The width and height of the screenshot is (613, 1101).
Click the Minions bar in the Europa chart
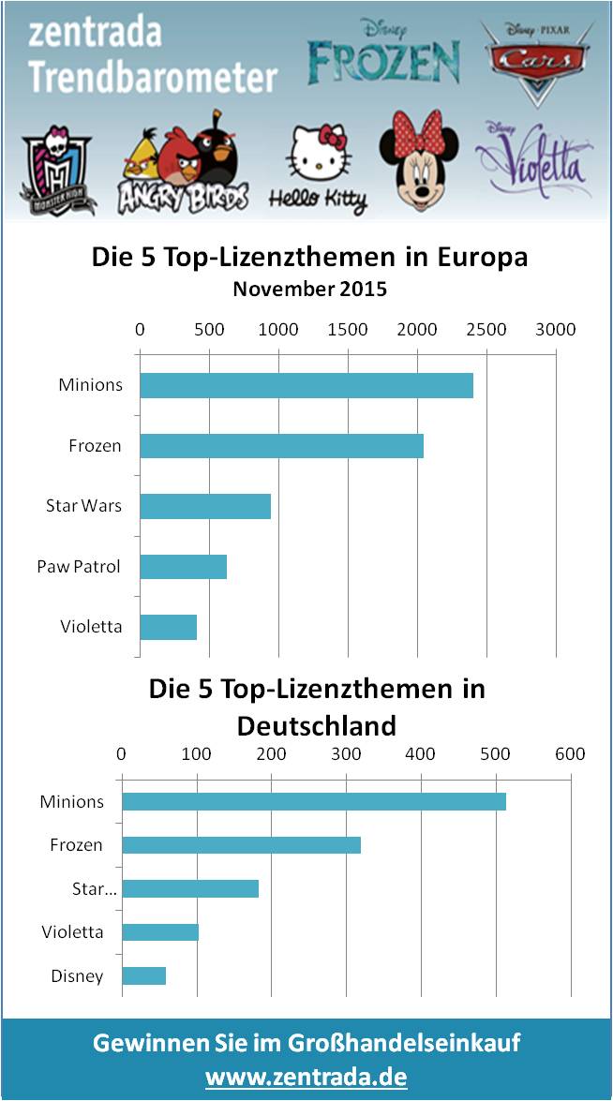[x=306, y=385]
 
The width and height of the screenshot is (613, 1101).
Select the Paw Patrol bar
[x=184, y=566]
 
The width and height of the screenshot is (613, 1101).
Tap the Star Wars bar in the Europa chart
[x=205, y=506]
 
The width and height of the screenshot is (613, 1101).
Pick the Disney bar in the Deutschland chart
[x=144, y=975]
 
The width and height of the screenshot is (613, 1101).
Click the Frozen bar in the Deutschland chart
[x=242, y=845]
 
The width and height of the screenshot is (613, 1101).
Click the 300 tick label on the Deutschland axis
[x=346, y=753]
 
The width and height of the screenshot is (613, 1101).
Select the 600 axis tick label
[x=570, y=753]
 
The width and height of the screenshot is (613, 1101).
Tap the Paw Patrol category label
[x=79, y=566]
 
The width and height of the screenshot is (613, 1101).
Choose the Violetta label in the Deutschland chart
[x=72, y=931]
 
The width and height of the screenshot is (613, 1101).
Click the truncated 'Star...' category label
[x=95, y=888]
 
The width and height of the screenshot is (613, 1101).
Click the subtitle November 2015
[x=309, y=289]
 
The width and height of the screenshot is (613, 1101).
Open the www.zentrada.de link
[x=306, y=1077]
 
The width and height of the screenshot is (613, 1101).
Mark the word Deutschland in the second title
[x=316, y=724]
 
